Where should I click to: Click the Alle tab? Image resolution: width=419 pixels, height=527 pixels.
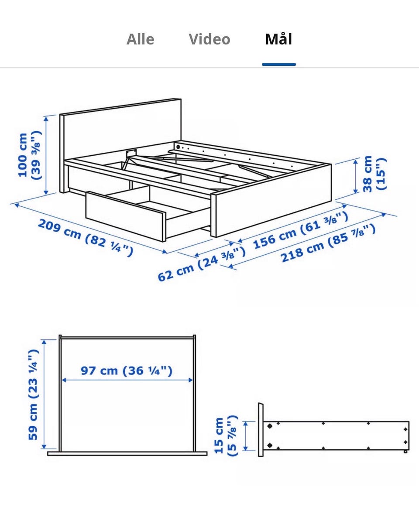click(140, 39)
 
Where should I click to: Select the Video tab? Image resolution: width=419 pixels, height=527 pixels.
click(209, 39)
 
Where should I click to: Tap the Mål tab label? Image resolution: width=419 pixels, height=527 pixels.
click(278, 39)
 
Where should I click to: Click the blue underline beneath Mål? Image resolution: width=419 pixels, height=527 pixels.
click(279, 65)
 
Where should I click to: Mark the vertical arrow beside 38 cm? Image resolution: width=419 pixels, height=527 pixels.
click(356, 176)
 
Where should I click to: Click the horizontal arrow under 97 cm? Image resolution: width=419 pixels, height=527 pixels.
click(127, 380)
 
